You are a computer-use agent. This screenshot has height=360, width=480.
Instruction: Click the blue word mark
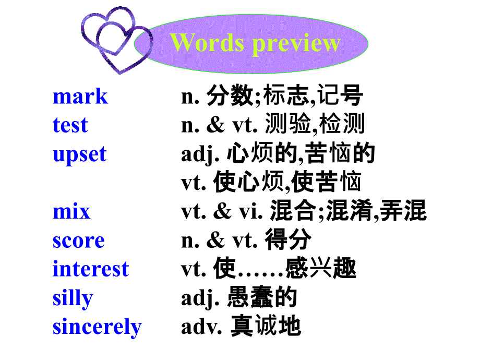point(80,97)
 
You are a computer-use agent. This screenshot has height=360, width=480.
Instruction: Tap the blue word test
point(70,126)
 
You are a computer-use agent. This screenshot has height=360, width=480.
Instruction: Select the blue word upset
point(79,155)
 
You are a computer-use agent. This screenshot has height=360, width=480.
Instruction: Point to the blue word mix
point(71,212)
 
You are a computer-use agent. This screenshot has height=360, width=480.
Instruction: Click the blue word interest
point(91,269)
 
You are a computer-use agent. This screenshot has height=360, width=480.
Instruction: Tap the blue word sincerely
point(97,328)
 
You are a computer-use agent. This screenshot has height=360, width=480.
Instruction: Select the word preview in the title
point(295,44)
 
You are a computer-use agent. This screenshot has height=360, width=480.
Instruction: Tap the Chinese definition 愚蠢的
point(262,298)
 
